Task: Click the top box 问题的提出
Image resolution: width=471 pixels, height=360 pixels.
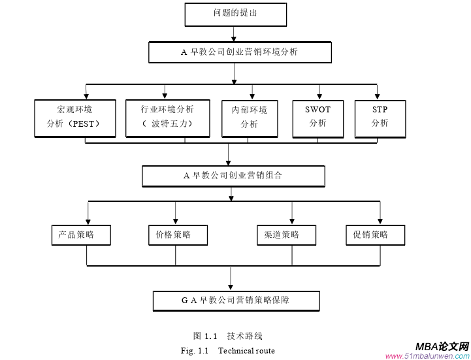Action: (x=235, y=14)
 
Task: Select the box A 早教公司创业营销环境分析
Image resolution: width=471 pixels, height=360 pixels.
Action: (x=240, y=52)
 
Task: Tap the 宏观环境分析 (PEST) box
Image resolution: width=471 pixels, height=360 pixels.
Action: (x=75, y=118)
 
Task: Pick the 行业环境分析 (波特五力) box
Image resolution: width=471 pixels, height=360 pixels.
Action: (x=167, y=118)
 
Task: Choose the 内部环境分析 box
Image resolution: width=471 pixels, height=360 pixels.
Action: (x=250, y=118)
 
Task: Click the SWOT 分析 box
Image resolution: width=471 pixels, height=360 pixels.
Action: (x=317, y=118)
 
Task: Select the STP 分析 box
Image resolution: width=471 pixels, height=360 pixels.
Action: (x=380, y=118)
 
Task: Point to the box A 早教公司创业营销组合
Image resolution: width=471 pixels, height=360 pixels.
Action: (x=233, y=176)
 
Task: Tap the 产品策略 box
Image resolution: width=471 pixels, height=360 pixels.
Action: (x=81, y=235)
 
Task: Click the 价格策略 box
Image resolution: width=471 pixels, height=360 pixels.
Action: (x=178, y=235)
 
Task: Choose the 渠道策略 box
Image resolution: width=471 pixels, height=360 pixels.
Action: (x=286, y=235)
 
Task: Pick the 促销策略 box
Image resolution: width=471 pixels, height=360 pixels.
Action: (x=375, y=235)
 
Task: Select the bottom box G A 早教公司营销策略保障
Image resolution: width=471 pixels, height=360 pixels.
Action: (x=236, y=301)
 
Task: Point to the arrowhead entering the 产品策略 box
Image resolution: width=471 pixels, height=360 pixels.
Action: (x=88, y=221)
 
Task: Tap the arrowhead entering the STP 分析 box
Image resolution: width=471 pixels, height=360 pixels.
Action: (x=377, y=95)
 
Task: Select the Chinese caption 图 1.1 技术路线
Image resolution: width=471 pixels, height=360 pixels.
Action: (x=227, y=336)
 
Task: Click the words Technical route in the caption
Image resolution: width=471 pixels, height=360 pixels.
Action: (x=246, y=351)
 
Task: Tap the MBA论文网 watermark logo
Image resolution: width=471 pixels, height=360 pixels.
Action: (x=442, y=346)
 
